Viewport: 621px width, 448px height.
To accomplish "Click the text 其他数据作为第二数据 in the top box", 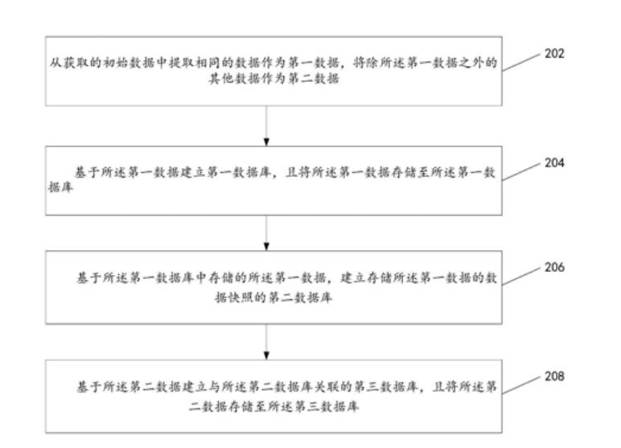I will (x=266, y=80).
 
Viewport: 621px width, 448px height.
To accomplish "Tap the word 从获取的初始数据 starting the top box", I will (x=79, y=64).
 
